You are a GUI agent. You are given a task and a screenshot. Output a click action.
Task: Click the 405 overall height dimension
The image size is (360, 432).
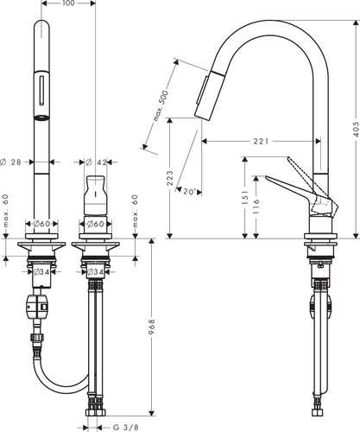[x=356, y=129]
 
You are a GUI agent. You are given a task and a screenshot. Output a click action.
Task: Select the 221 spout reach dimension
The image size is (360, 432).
[x=261, y=141]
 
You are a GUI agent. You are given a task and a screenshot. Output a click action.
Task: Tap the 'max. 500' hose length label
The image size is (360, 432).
[x=161, y=105]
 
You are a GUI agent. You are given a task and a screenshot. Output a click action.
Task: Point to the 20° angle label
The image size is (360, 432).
[x=189, y=191]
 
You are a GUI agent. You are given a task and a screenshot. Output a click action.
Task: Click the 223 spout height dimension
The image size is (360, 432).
[x=170, y=178]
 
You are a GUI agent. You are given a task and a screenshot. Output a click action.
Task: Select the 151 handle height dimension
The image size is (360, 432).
[x=245, y=197]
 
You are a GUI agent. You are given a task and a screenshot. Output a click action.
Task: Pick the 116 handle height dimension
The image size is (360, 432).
[x=256, y=206]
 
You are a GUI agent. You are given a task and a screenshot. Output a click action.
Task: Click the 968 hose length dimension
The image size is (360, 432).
[x=152, y=326]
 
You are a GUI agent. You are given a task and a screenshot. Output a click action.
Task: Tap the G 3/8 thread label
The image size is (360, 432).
[x=123, y=428]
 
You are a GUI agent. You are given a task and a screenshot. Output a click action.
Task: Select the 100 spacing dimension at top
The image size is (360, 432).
[x=68, y=3]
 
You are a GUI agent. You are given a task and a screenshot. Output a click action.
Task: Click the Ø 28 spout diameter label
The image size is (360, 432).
[x=11, y=162]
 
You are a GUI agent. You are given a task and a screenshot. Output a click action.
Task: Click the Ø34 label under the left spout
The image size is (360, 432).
[x=41, y=271]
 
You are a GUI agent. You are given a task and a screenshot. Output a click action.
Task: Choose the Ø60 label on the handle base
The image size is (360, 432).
[x=95, y=224]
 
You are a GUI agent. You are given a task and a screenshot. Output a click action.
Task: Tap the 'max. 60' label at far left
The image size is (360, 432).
[x=6, y=211]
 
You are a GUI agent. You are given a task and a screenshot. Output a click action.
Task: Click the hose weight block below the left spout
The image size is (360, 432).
[x=36, y=307]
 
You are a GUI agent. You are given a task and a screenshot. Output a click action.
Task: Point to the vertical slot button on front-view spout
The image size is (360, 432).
[x=42, y=90]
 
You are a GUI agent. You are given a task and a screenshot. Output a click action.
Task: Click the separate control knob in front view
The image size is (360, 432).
[x=95, y=194]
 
